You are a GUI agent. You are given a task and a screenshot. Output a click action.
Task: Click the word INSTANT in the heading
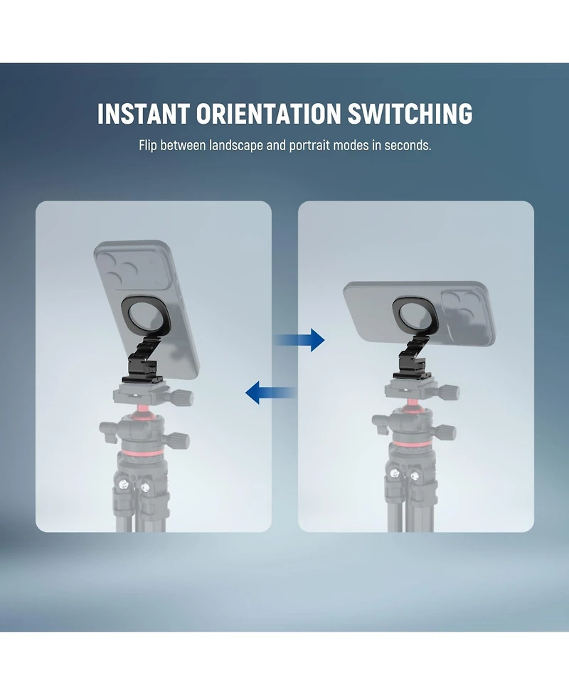[x=144, y=114]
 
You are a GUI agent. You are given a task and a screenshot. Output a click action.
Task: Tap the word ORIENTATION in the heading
[x=269, y=114]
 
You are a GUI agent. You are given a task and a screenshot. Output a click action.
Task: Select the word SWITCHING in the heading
[x=410, y=114]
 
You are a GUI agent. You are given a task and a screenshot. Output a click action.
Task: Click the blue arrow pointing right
[x=299, y=340]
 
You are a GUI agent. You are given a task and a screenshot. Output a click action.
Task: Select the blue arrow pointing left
[x=271, y=392]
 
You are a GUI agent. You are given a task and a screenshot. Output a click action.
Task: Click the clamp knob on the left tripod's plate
[x=184, y=396]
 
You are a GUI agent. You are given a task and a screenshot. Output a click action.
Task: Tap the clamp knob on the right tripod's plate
[x=451, y=392]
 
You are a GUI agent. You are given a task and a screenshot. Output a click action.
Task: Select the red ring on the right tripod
[x=412, y=444]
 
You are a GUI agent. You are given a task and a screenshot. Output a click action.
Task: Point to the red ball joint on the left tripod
[x=142, y=408]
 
